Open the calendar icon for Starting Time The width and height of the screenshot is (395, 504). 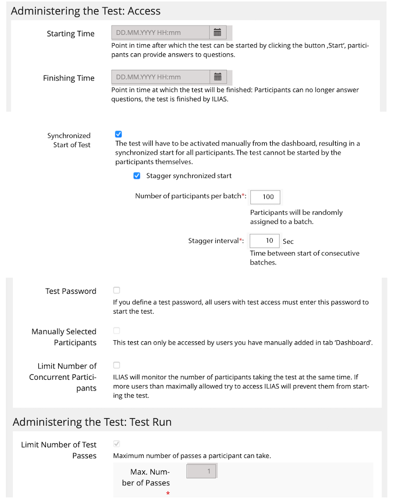tap(217, 33)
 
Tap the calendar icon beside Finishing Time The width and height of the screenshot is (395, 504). tap(217, 77)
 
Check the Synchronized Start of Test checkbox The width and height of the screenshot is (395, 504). tap(118, 134)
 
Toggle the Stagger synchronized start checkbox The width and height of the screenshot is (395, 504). tap(137, 175)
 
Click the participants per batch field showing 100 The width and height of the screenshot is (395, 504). tap(265, 197)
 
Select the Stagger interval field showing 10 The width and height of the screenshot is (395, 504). tap(265, 241)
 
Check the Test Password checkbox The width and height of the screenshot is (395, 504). tap(117, 291)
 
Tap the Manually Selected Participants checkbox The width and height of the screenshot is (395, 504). tap(117, 331)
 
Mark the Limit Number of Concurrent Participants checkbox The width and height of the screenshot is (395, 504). tap(117, 365)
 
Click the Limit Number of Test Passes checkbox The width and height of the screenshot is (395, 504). tap(117, 444)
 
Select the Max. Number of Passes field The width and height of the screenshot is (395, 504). tap(202, 471)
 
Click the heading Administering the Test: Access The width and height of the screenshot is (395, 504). tap(85, 11)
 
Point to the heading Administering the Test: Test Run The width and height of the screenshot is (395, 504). tap(92, 422)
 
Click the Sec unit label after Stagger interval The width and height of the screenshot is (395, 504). tap(288, 242)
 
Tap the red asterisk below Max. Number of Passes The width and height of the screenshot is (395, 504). tap(168, 494)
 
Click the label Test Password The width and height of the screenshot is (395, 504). tap(71, 291)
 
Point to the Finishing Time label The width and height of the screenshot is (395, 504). tap(69, 78)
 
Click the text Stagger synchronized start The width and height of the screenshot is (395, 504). tap(189, 175)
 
